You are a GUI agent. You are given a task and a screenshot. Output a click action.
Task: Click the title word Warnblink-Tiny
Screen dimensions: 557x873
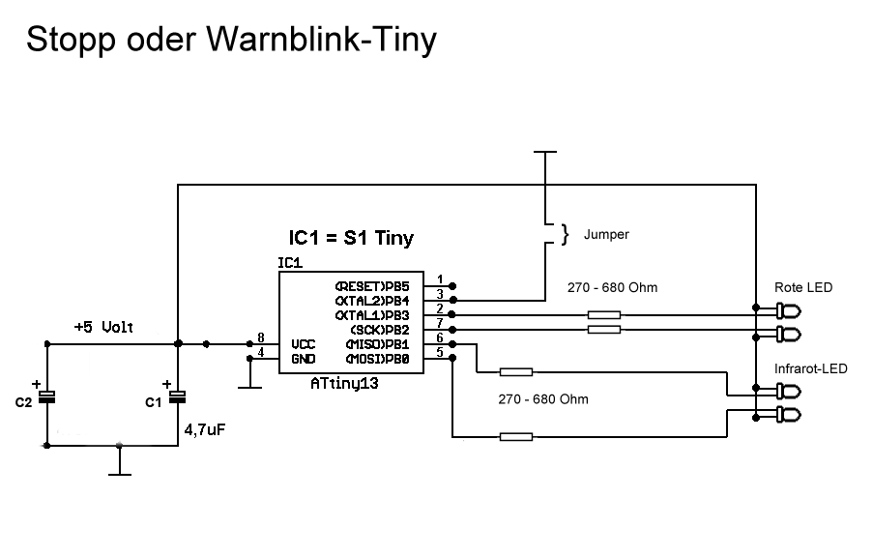321,40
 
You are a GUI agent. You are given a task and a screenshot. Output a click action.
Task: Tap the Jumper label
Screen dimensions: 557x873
606,234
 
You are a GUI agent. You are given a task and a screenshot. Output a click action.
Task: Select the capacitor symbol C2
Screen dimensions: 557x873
45,396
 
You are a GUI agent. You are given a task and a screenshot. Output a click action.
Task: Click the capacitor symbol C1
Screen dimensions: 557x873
178,396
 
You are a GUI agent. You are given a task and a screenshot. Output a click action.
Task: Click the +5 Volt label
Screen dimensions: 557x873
104,327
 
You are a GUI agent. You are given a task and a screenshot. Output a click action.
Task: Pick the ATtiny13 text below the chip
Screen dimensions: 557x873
343,384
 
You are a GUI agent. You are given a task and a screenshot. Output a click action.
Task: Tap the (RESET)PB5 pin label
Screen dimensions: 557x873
372,287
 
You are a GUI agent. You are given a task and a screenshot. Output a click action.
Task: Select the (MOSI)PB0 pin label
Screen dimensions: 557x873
378,359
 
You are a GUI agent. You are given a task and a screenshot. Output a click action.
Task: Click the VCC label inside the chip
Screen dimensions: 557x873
303,343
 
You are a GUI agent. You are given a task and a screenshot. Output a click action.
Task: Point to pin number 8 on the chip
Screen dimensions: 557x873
260,337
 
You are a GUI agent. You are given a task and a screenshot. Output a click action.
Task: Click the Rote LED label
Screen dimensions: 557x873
803,288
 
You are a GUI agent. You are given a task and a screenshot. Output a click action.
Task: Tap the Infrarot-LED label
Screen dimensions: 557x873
810,368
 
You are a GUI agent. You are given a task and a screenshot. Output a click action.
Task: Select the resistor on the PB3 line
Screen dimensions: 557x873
604,314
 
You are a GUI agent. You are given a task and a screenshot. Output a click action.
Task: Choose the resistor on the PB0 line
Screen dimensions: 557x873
515,437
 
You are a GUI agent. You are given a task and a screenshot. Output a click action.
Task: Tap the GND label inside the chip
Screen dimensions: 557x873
303,358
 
